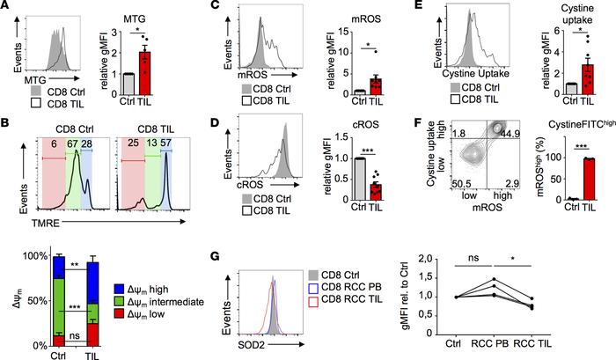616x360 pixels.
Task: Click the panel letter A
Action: coord(7,7)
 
